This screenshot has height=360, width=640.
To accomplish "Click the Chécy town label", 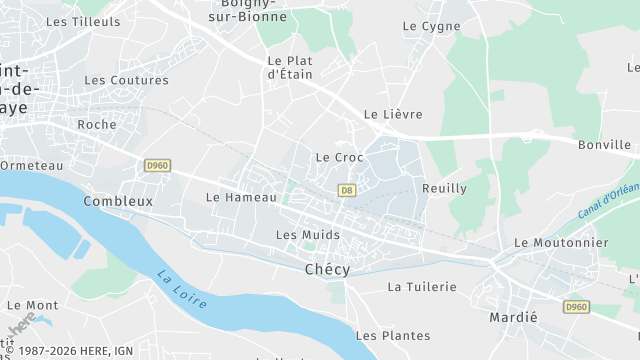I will pos(327,269).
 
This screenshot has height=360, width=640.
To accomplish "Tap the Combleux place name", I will pos(118,200).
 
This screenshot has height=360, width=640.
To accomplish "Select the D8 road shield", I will pos(347,189).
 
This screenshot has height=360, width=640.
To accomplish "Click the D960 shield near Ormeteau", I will pos(157,165).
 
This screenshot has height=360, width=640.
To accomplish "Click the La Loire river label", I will pos(181,290).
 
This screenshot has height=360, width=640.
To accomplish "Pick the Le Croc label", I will pos(339,157).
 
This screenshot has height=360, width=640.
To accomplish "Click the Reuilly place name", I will pos(445,188).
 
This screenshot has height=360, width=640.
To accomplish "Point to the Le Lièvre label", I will pos(393,114).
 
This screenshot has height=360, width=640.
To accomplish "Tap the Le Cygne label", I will pos(432,26).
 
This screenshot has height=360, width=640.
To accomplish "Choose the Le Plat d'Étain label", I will pos(291,67).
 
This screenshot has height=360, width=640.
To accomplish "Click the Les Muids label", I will pos(307,234).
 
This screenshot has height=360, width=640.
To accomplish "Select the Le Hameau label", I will pos(241,197).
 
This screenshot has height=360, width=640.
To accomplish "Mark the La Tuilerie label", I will pos(422,287).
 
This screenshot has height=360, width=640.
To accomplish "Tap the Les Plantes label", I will pos(393,335).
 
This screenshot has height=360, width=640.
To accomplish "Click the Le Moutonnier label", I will pos(561,242).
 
